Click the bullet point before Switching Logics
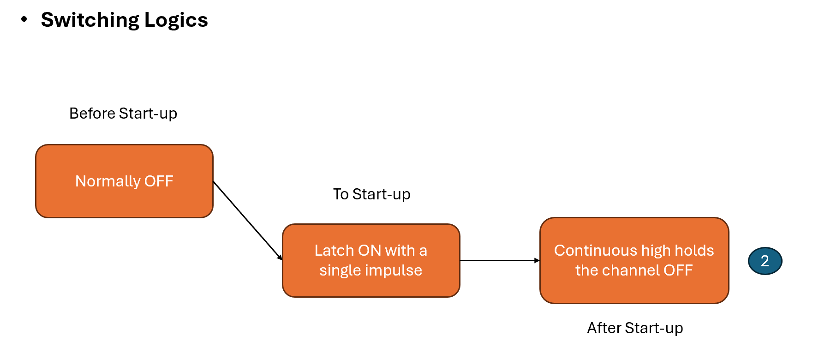[x=24, y=19]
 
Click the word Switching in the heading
[x=90, y=20]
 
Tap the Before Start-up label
[x=123, y=114]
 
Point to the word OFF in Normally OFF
[x=159, y=181]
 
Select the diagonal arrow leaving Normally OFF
[x=247, y=221]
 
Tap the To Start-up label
[x=371, y=194]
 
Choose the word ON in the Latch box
[x=369, y=251]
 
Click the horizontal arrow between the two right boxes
[x=499, y=261]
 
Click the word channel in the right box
[x=631, y=270]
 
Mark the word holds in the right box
[x=694, y=251]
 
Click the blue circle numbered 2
[x=765, y=261]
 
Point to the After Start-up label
[x=634, y=328]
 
